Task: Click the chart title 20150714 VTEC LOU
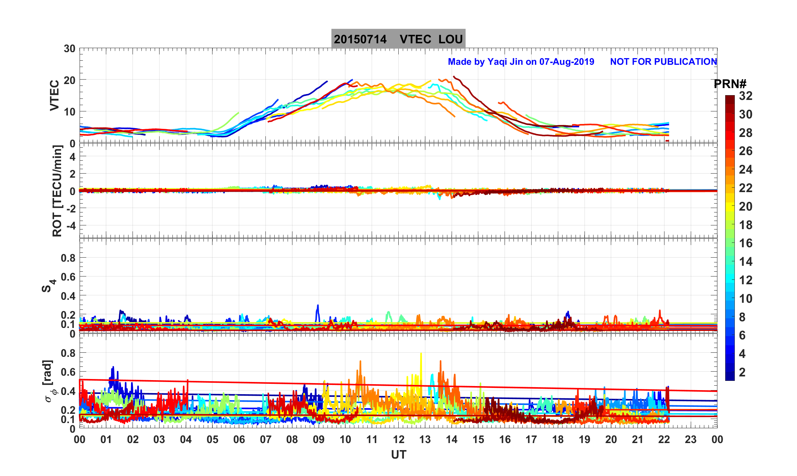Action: click(x=398, y=39)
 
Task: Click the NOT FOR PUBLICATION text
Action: click(x=663, y=62)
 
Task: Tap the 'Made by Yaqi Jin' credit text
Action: click(x=521, y=62)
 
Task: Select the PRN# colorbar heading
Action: click(x=730, y=84)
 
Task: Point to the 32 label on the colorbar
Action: click(x=746, y=96)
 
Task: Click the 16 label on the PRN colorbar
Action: click(x=746, y=243)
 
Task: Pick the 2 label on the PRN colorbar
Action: click(x=742, y=372)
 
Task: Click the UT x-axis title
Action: click(x=399, y=455)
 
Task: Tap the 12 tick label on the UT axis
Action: click(x=399, y=440)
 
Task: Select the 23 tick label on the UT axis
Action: click(x=691, y=440)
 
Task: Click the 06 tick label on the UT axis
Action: click(x=239, y=440)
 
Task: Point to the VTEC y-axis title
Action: click(x=54, y=95)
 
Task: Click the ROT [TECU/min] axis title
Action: click(x=57, y=191)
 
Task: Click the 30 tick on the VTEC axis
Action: click(x=69, y=49)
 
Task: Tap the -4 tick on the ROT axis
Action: click(x=70, y=225)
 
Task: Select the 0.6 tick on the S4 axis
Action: click(x=68, y=277)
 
